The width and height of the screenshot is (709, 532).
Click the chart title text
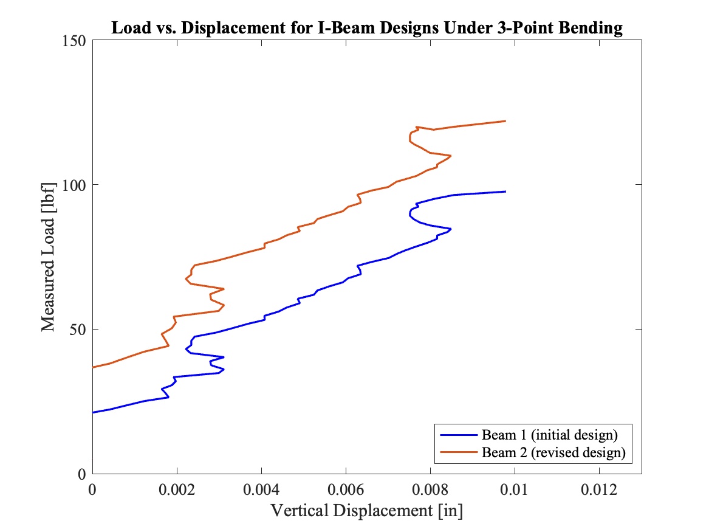click(366, 29)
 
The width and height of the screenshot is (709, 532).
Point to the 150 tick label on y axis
click(75, 40)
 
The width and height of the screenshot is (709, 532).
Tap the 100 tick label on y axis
click(75, 185)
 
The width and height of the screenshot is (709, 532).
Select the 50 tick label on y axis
click(78, 330)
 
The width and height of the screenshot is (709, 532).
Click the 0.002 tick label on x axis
click(177, 489)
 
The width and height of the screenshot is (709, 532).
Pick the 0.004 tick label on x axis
click(261, 489)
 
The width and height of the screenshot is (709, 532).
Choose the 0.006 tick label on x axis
click(346, 489)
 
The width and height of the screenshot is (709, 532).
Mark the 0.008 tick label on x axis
click(430, 489)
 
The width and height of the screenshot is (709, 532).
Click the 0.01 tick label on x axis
click(515, 489)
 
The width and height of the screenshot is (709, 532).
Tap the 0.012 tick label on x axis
click(599, 489)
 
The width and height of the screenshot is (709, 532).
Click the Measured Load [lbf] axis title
click(49, 256)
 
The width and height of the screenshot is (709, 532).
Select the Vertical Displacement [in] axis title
click(366, 511)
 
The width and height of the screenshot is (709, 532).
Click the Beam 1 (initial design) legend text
click(549, 435)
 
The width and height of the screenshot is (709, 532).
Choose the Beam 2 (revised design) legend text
click(553, 452)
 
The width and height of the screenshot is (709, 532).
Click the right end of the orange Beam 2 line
click(505, 121)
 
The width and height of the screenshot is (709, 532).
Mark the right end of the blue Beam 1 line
click(505, 192)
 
